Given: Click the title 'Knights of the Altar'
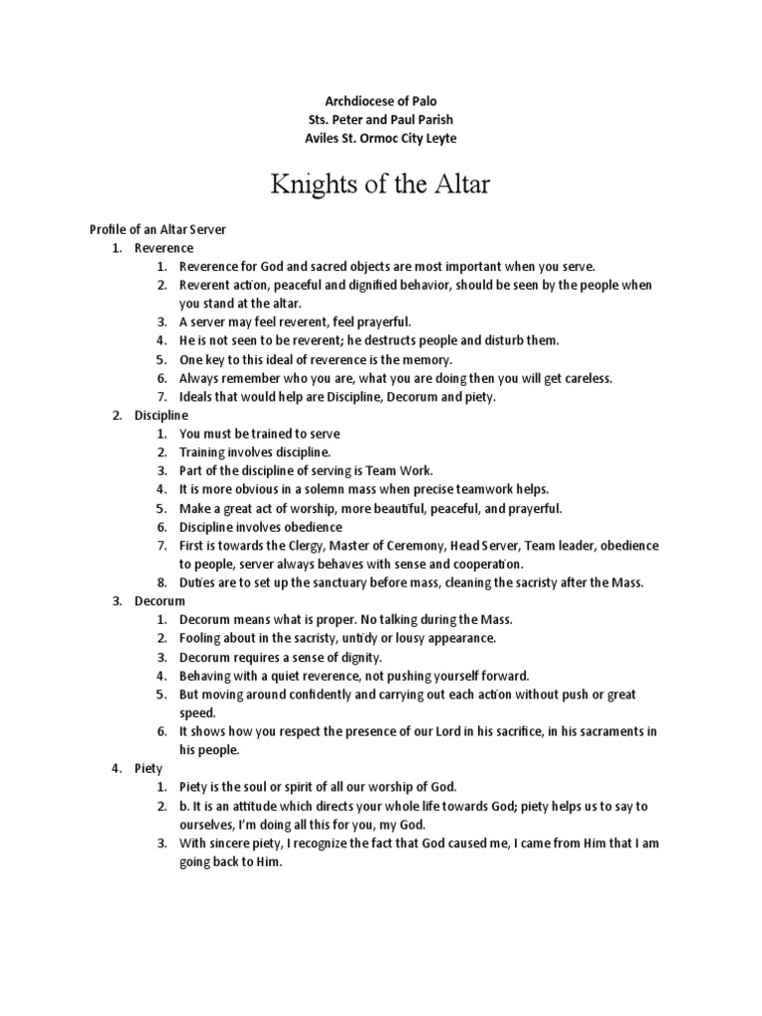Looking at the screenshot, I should click(x=381, y=184).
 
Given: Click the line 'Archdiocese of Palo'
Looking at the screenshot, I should click(x=381, y=102).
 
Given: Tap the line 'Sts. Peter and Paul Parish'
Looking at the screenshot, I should click(x=381, y=120).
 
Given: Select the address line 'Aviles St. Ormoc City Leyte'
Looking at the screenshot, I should click(x=381, y=138).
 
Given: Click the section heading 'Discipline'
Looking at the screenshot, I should click(x=162, y=416).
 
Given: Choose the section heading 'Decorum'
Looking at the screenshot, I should click(x=160, y=601).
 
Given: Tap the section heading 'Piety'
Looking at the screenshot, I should click(x=149, y=768).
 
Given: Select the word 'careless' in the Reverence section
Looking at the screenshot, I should click(x=576, y=378).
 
